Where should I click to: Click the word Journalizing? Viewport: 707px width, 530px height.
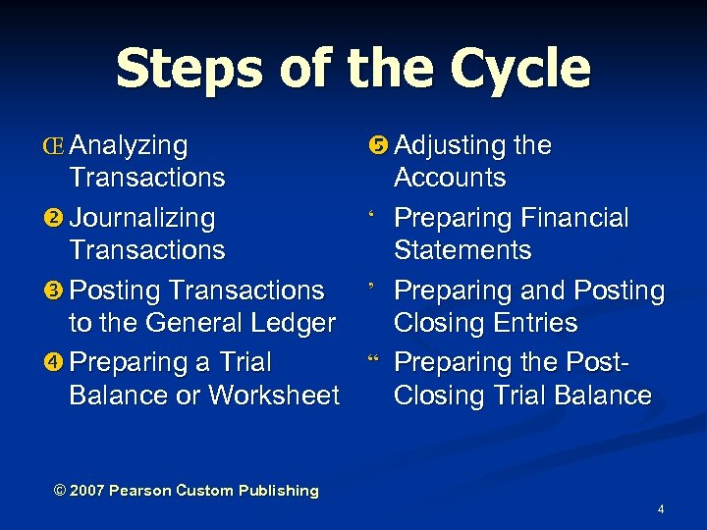[142, 218]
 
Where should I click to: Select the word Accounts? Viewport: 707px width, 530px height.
[450, 179]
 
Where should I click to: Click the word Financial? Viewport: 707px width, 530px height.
[573, 218]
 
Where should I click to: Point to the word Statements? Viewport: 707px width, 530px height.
[462, 250]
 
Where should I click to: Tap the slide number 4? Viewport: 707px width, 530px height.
[661, 509]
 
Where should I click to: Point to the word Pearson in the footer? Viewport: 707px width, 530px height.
[140, 491]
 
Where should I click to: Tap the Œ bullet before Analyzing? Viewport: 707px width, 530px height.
[56, 146]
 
